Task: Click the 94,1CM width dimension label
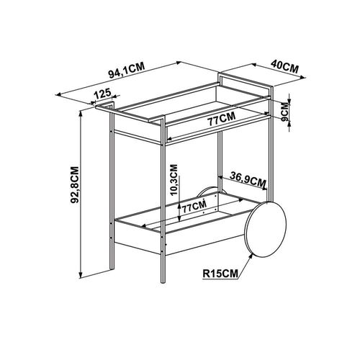click(127, 71)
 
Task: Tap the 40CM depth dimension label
click(285, 66)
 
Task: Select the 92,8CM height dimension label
click(75, 185)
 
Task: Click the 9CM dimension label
click(285, 112)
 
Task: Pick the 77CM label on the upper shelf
click(221, 119)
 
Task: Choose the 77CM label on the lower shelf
click(194, 207)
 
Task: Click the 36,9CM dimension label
click(248, 179)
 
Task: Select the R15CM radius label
click(220, 274)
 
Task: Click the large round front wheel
click(265, 230)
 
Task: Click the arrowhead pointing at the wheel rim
click(251, 256)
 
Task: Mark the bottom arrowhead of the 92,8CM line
click(81, 276)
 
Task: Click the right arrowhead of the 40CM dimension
click(304, 77)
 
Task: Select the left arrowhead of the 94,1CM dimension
click(58, 94)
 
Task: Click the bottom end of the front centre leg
click(163, 282)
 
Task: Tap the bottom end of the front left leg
click(112, 269)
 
